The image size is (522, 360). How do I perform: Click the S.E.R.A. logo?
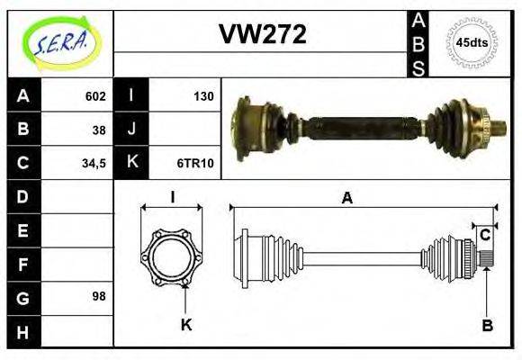[x=58, y=43]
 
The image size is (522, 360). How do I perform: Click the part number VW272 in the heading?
[x=263, y=34]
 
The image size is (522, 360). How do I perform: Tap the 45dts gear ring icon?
[x=472, y=42]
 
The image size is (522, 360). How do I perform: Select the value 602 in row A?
[x=95, y=96]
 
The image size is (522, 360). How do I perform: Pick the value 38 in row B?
[x=99, y=130]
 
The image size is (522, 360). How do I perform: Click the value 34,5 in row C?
[x=94, y=163]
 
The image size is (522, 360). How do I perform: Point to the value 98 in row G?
[x=99, y=296]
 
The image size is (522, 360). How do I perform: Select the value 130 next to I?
[x=204, y=96]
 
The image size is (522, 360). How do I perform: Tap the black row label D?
[x=22, y=196]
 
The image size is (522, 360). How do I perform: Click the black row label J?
[x=132, y=130]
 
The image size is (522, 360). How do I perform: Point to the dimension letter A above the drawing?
[x=346, y=199]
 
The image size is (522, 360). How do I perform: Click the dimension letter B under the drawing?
[x=487, y=326]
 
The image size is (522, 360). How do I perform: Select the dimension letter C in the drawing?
[x=485, y=236]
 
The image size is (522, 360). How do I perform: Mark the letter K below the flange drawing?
[x=186, y=325]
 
